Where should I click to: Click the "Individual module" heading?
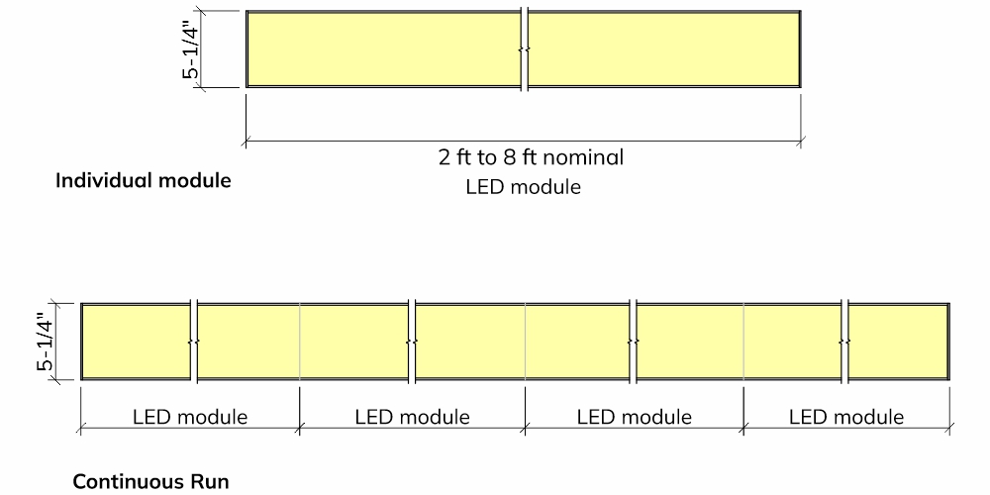point(144,180)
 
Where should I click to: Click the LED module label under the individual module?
point(524,187)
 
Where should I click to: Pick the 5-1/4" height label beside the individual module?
point(191,49)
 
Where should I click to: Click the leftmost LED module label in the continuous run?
point(190,418)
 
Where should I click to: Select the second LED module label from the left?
point(412,418)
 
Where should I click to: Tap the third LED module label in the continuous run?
point(635,418)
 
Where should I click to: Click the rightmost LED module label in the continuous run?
point(846,418)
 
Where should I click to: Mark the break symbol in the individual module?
point(524,49)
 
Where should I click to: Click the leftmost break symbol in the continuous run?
point(194,342)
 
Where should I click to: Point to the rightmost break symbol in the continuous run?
point(844,342)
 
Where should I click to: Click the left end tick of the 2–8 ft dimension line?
point(246,142)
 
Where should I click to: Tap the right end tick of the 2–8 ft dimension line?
point(801,142)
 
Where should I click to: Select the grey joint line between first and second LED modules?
point(300,342)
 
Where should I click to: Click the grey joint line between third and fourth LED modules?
point(743,342)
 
